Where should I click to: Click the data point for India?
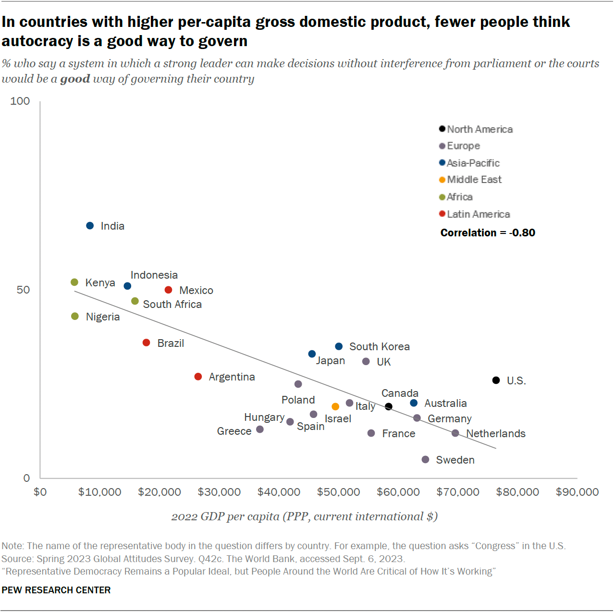[x=90, y=226]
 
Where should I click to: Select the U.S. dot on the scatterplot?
[x=496, y=380]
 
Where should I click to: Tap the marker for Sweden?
[x=425, y=460]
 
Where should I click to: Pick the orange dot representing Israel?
[x=335, y=406]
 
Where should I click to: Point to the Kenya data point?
[x=74, y=282]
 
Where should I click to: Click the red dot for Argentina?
[x=198, y=377]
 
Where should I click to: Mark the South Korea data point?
[x=339, y=346]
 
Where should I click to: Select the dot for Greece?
[x=260, y=429]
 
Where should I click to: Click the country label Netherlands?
[x=495, y=433]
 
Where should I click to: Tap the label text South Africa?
[x=172, y=304]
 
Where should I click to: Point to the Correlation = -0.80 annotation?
[x=487, y=233]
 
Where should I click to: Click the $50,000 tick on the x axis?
[x=338, y=492]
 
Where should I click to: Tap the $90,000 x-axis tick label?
[x=577, y=492]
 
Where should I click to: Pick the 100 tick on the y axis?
[x=20, y=101]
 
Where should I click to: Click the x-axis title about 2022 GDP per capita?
[x=304, y=516]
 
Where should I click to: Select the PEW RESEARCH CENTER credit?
[x=56, y=590]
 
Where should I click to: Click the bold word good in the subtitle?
[x=75, y=79]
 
